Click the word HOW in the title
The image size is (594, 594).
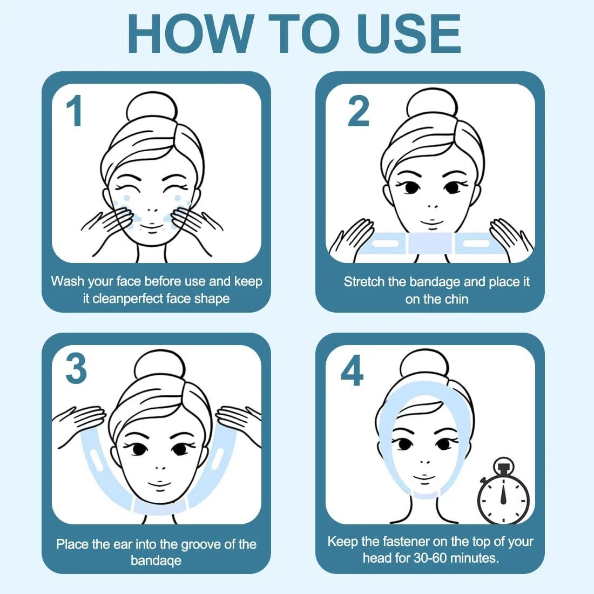[x=190, y=33]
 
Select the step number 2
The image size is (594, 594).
[x=357, y=111]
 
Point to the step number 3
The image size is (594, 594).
[x=76, y=369]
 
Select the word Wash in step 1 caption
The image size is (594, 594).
[x=67, y=281]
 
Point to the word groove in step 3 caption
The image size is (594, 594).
[x=201, y=545]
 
